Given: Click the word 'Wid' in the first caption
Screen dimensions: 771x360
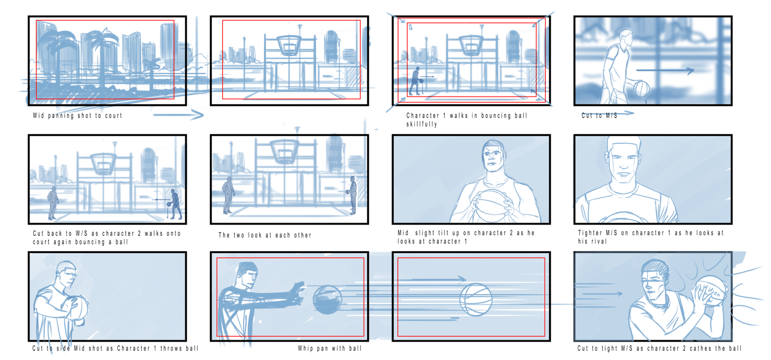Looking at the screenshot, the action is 38,116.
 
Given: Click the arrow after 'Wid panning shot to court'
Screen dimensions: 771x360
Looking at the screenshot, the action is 178,115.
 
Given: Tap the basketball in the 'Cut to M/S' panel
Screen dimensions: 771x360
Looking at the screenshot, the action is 641,89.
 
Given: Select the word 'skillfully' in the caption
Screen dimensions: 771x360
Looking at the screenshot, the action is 422,124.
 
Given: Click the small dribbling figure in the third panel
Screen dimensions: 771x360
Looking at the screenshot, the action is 415,81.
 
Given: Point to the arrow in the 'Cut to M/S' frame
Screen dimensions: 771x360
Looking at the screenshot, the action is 665,70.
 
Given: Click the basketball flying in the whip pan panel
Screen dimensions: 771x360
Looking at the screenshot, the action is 327,299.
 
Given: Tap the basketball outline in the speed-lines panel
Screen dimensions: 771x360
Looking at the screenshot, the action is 476,299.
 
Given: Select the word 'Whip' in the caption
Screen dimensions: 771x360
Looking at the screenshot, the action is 305,348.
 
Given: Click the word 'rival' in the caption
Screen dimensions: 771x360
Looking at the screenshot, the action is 599,241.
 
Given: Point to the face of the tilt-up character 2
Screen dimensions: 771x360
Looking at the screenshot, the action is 493,158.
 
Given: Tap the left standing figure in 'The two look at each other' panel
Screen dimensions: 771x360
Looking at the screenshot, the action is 228,196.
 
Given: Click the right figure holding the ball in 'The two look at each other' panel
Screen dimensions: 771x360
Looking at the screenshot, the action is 352,196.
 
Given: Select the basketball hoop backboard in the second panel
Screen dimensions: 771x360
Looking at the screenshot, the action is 290,45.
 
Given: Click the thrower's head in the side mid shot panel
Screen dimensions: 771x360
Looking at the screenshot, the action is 66,274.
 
